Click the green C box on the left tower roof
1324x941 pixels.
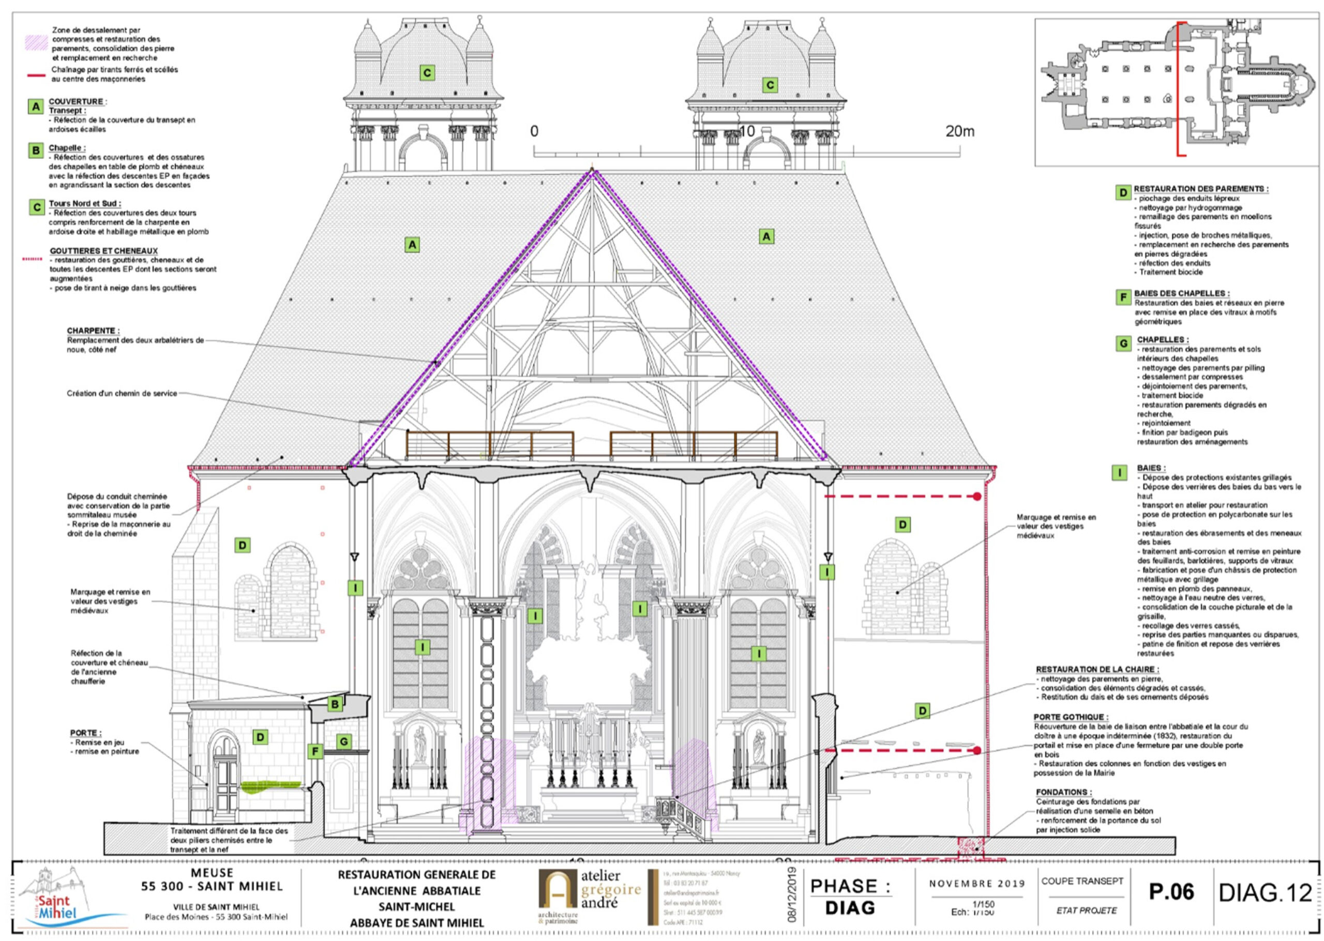pyautogui.click(x=427, y=73)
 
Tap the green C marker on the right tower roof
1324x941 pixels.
pyautogui.click(x=770, y=85)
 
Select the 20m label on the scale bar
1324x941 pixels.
pyautogui.click(x=960, y=131)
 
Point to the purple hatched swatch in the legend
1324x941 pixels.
pyautogui.click(x=35, y=42)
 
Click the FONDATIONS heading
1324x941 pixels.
pyautogui.click(x=1063, y=792)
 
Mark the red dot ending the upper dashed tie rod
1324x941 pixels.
pyautogui.click(x=977, y=497)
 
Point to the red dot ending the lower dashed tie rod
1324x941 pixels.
pyautogui.click(x=977, y=750)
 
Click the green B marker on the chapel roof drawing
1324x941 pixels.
pyautogui.click(x=335, y=705)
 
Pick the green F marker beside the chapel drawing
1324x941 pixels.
pyautogui.click(x=315, y=752)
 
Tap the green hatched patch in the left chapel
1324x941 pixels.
pyautogui.click(x=270, y=786)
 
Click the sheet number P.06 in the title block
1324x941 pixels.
pyautogui.click(x=1171, y=892)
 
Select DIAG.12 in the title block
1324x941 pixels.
pyautogui.click(x=1265, y=893)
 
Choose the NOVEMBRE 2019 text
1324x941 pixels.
pyautogui.click(x=977, y=884)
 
